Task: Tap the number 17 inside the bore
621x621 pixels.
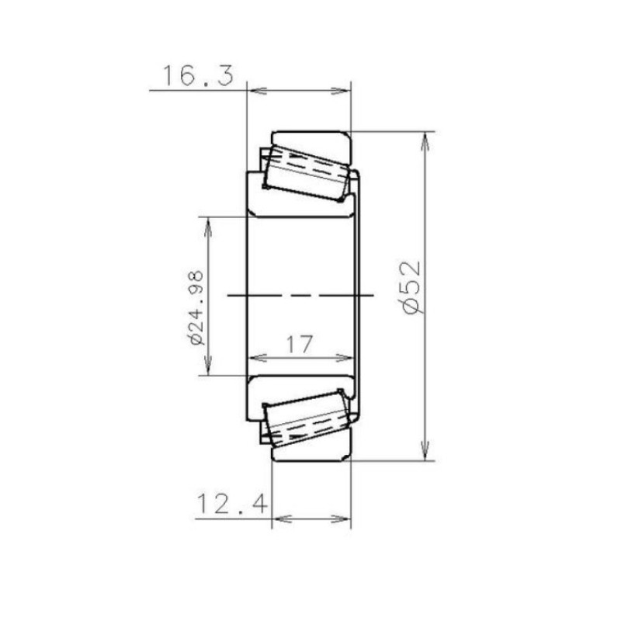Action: [300, 344]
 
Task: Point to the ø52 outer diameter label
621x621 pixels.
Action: [413, 286]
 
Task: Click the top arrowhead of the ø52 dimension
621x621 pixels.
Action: [425, 140]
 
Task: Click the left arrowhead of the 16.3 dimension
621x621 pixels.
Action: [254, 91]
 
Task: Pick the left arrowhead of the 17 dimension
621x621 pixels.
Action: [255, 359]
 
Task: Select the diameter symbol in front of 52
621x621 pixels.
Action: [414, 305]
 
